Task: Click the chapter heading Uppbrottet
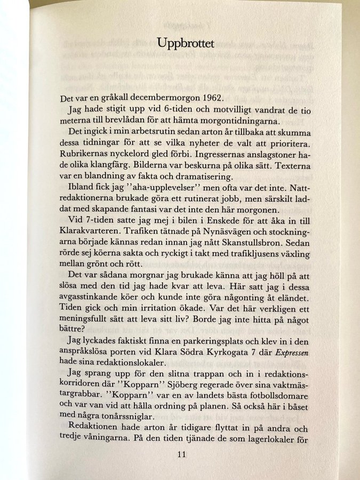(x=186, y=44)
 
